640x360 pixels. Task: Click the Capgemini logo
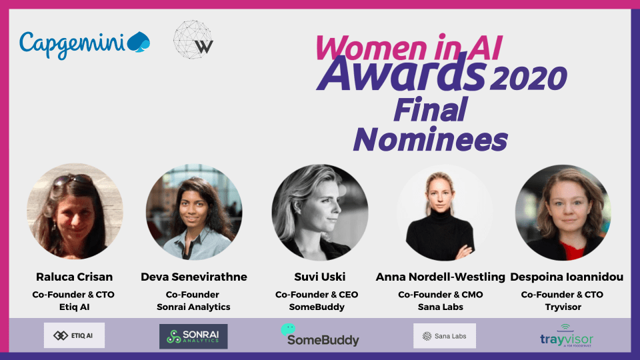(x=85, y=44)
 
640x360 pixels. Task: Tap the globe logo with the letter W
(x=193, y=39)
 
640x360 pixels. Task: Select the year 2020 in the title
(x=528, y=78)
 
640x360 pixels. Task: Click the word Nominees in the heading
(x=430, y=139)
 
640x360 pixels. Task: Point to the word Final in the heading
(x=430, y=109)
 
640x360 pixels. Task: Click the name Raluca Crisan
(x=74, y=277)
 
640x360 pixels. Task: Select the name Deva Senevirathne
(x=194, y=277)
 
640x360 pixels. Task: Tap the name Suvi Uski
(x=319, y=277)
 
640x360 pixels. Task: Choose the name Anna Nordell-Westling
(x=441, y=277)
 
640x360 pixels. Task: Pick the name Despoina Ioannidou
(x=567, y=277)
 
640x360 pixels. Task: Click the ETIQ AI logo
(x=74, y=335)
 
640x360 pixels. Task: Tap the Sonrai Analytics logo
(x=193, y=336)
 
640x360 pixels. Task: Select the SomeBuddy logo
(x=320, y=335)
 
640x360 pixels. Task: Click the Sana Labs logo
(x=445, y=336)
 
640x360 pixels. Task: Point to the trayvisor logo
(x=567, y=336)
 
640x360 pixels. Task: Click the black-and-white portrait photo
(x=320, y=212)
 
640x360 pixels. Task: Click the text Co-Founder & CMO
(x=441, y=294)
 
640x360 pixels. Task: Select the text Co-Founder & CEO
(x=317, y=294)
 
